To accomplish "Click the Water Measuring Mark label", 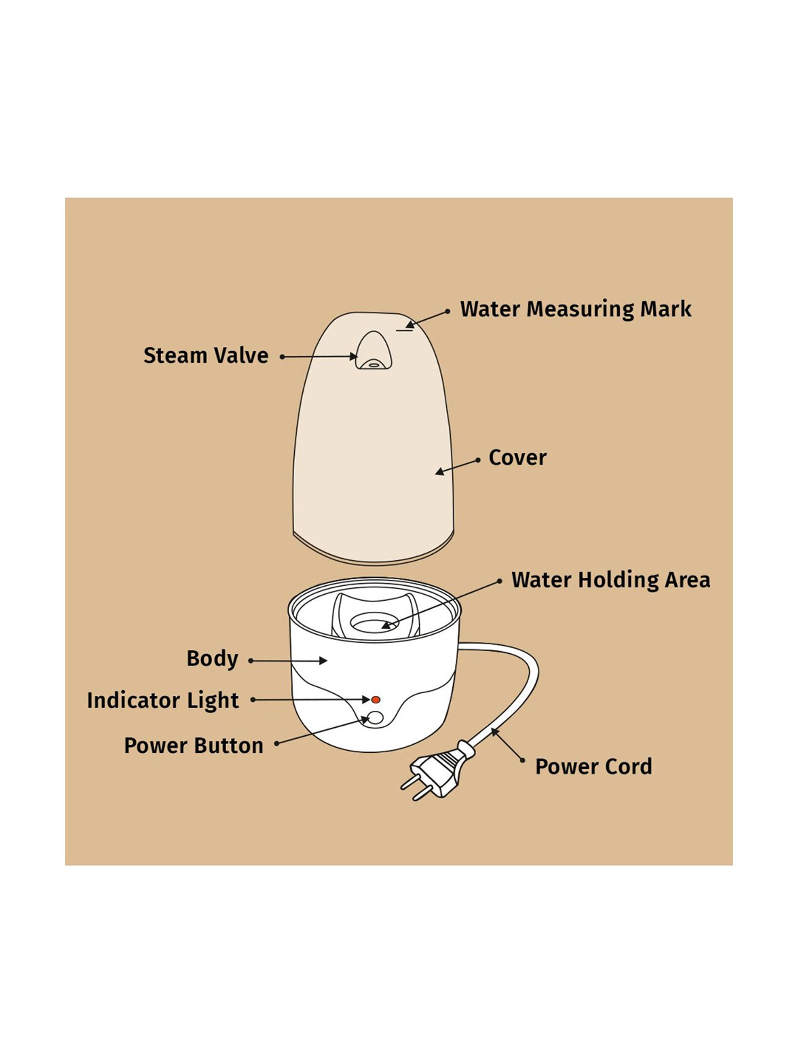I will (x=576, y=309).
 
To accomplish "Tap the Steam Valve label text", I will (x=206, y=355).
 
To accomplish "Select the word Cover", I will (x=517, y=458).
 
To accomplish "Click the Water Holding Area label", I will (x=610, y=579).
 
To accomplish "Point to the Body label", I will (x=212, y=659).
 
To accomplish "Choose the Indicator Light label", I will (x=163, y=700).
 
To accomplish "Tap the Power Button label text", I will (x=194, y=745).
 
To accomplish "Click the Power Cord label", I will (x=593, y=767).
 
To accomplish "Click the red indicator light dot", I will (x=376, y=700).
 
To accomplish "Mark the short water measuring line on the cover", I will (x=404, y=330).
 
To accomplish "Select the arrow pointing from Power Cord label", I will (x=507, y=745).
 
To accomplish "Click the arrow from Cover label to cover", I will (x=458, y=466).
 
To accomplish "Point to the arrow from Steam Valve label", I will (x=319, y=356).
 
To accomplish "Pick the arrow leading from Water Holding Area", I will (x=442, y=604).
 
